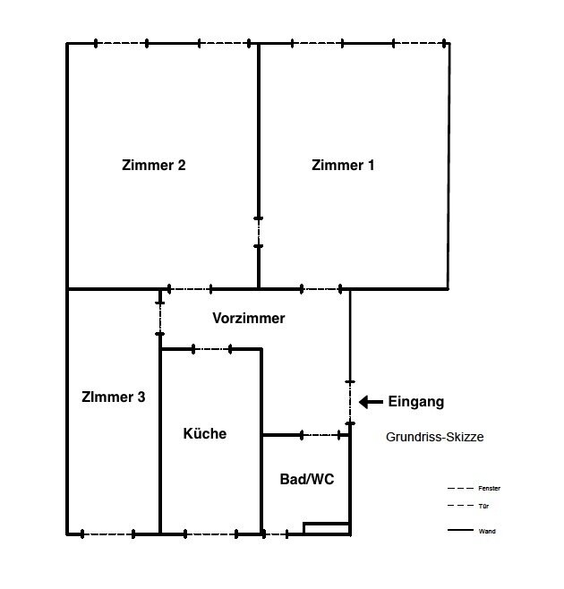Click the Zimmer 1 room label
click(343, 166)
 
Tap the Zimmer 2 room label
click(154, 166)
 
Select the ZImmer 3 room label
click(113, 397)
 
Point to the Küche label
click(205, 433)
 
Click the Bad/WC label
click(307, 479)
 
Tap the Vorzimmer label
click(249, 318)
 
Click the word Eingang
click(416, 402)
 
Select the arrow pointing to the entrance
click(371, 402)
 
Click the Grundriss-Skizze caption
click(435, 437)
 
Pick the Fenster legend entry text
click(489, 489)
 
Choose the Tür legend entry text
click(483, 507)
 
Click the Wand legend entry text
click(487, 531)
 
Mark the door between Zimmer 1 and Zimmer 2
click(258, 232)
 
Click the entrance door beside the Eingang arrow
click(350, 403)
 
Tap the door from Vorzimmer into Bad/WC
click(320, 435)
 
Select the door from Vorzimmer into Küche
click(211, 349)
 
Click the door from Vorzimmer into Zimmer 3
click(160, 318)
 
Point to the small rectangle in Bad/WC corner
click(327, 528)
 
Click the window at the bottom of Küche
click(210, 534)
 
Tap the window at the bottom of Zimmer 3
click(107, 534)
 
